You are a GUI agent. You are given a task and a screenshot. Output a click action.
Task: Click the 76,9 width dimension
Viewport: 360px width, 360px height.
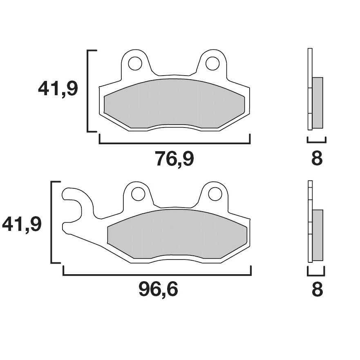coord(174,159)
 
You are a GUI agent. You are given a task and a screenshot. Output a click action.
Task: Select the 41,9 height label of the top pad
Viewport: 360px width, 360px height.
coord(58,89)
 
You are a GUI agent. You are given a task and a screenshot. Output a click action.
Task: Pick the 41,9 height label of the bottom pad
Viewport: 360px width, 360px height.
coord(22,224)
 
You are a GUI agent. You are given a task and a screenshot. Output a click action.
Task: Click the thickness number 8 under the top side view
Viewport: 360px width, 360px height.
coord(317,159)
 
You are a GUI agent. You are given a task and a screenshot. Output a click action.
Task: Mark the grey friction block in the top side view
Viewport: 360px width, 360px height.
coord(318,102)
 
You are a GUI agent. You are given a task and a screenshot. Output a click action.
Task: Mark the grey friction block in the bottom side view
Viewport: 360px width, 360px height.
coord(318,235)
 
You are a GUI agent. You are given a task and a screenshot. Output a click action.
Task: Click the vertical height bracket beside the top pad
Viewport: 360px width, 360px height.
coord(89,91)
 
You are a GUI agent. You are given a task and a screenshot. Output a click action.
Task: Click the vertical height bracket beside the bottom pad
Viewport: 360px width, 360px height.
coord(51,222)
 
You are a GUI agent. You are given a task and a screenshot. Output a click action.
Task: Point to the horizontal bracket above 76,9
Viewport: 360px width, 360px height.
coord(174,143)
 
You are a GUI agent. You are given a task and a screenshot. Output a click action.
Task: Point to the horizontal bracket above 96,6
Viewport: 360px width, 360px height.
coord(157,275)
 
